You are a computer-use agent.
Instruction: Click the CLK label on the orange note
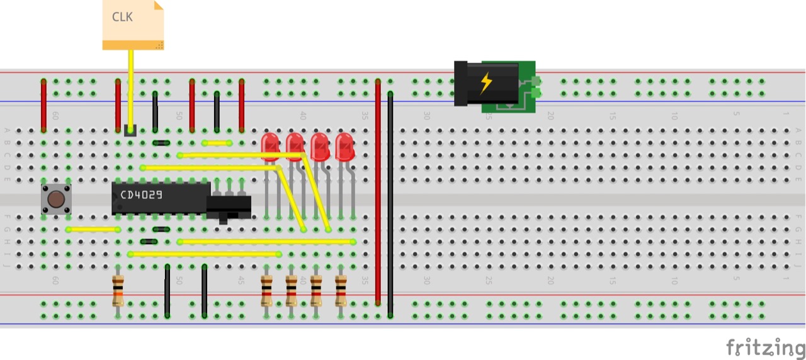tap(122, 17)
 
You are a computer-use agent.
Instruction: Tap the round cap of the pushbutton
tap(56, 199)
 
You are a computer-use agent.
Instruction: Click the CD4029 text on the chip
tap(142, 195)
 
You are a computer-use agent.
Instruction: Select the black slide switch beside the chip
tap(229, 206)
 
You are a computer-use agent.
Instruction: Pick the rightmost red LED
tap(344, 145)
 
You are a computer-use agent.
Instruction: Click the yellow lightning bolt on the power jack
tap(485, 82)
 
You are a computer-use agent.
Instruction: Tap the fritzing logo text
tap(765, 347)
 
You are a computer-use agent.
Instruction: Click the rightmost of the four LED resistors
tap(341, 291)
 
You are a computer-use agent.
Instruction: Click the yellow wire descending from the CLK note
tap(131, 88)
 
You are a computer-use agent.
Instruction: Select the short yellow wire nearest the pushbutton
tap(93, 229)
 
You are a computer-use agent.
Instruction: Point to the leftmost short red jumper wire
tap(43, 106)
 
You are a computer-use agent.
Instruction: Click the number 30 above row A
tap(426, 116)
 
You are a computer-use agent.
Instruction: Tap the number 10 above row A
tap(674, 116)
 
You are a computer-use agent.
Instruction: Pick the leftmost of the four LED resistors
tap(266, 291)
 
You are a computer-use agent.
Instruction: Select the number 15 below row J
tap(612, 279)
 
